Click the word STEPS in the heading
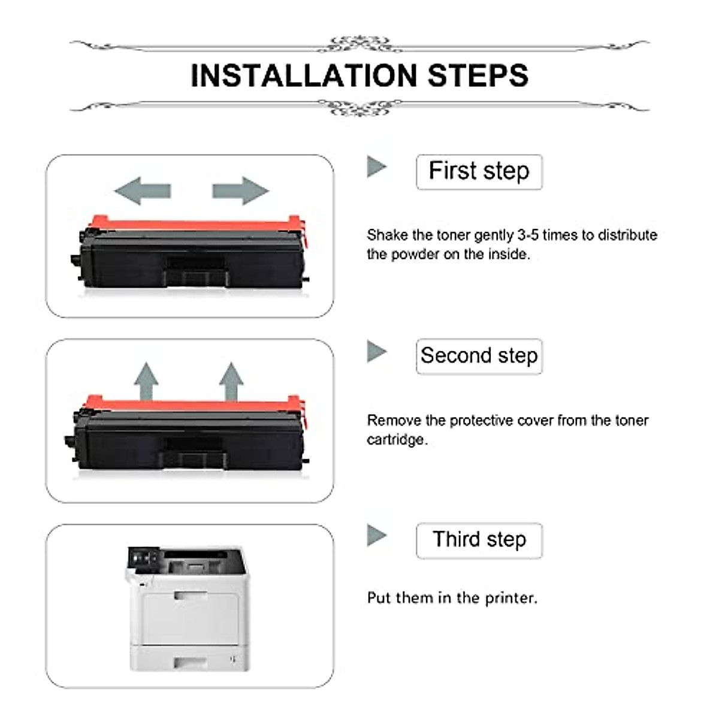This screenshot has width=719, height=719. click(478, 75)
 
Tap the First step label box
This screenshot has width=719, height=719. click(479, 172)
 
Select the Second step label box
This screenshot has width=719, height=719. click(479, 356)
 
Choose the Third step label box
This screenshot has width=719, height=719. click(479, 540)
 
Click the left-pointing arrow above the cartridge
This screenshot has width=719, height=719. click(143, 191)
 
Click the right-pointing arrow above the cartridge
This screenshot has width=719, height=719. click(240, 191)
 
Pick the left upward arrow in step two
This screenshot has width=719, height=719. click(146, 380)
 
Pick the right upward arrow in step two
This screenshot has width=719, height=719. click(231, 380)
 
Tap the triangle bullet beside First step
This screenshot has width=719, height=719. click(376, 167)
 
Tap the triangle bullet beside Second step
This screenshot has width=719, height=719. click(376, 351)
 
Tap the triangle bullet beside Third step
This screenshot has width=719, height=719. click(376, 535)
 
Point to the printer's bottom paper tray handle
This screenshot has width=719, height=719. click(190, 661)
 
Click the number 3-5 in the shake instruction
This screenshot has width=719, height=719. click(528, 235)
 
